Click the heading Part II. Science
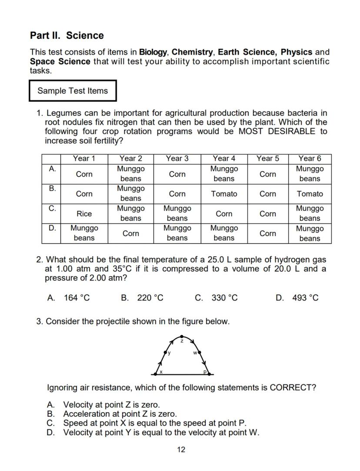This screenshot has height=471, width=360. pos(67,36)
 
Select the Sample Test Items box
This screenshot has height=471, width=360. pos(73,91)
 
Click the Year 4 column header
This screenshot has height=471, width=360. pos(224,159)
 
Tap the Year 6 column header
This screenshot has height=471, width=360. pos(310,159)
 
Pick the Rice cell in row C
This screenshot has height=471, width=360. pos(84,214)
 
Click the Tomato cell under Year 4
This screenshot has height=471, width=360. pos(224,194)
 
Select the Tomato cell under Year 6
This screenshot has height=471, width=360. pos(310,194)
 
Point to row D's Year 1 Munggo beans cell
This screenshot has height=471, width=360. pos(84,233)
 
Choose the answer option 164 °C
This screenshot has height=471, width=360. pos(77,298)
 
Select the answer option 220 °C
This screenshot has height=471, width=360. pos(150,298)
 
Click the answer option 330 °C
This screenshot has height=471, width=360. pos(224,298)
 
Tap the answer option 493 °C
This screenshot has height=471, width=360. pos(305,298)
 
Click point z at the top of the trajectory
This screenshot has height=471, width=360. pos(182,337)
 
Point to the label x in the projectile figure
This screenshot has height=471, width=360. pos(161,372)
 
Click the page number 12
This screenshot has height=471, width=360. pos(181,449)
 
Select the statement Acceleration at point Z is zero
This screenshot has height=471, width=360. pos(120,414)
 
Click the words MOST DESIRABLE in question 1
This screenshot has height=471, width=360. pos(286,131)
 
